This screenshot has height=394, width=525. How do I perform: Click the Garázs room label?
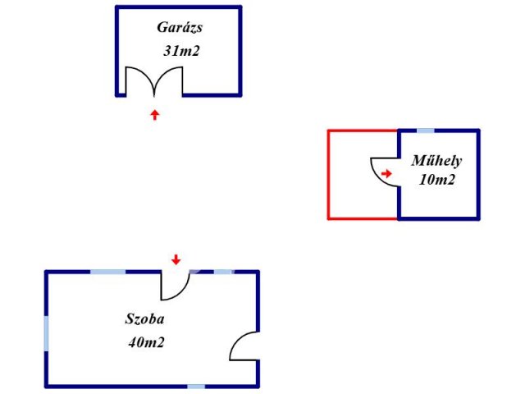tap(180, 27)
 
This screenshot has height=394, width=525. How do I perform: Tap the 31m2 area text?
tap(182, 51)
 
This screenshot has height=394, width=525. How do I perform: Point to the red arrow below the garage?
tap(154, 114)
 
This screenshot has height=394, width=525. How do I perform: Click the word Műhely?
tap(436, 161)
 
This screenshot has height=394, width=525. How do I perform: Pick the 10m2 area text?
tap(436, 180)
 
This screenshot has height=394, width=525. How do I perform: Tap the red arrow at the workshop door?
tap(387, 173)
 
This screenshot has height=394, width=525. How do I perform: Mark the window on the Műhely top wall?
tap(426, 131)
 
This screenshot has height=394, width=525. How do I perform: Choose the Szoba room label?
tap(145, 318)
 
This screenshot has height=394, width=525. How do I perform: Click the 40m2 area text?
tap(146, 342)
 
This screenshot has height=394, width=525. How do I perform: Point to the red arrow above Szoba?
tap(175, 260)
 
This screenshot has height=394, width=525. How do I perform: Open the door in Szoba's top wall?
tap(174, 285)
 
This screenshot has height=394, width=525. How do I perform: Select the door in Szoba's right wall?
tap(244, 346)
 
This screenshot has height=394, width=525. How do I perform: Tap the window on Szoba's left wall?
tap(47, 335)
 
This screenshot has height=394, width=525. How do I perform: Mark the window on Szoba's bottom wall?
tap(195, 386)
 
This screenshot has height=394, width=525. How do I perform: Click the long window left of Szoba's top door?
tap(107, 272)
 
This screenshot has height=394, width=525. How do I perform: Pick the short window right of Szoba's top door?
tap(223, 272)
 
